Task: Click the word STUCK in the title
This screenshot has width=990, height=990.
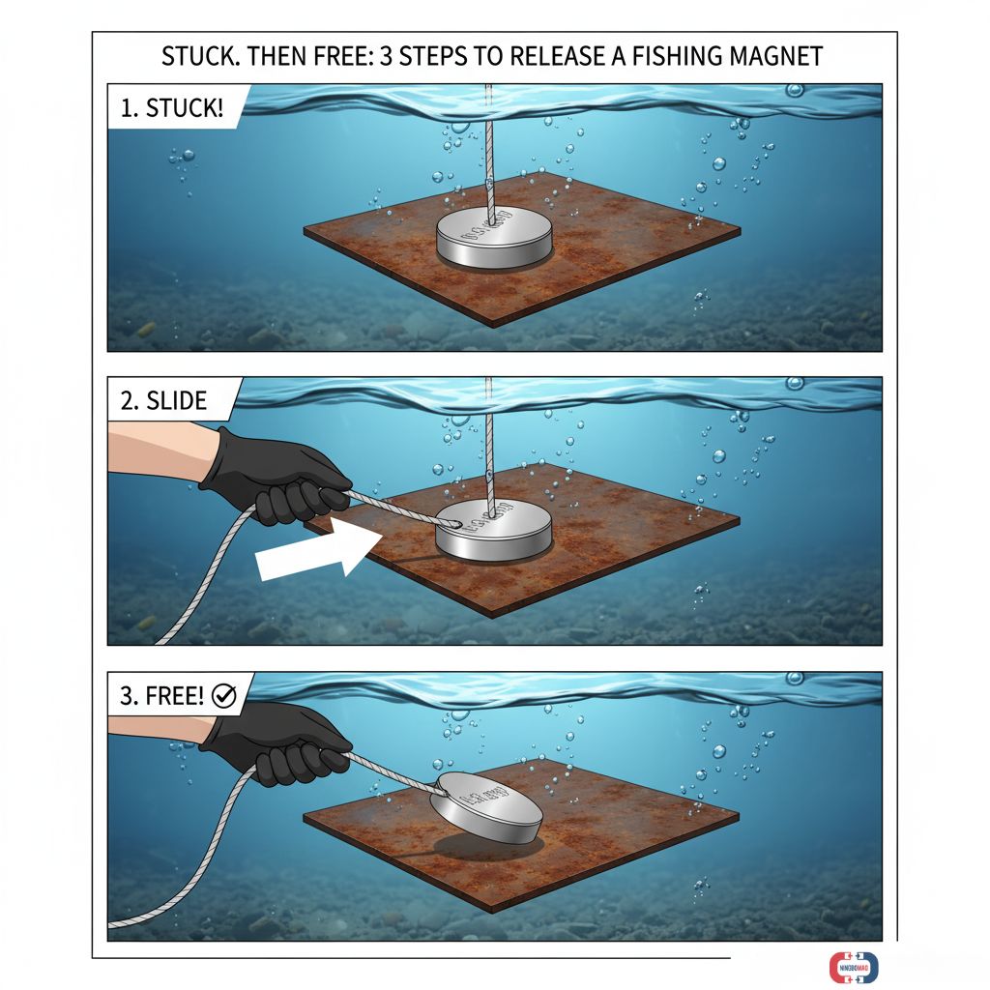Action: (x=198, y=56)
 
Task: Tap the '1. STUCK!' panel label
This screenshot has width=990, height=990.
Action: (x=171, y=107)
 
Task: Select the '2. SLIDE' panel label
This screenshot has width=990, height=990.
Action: (x=163, y=400)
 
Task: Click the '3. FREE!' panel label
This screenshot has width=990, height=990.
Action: (x=161, y=696)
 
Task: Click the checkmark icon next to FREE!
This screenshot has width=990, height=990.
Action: (x=223, y=697)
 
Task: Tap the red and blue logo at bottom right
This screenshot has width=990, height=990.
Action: (x=853, y=967)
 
